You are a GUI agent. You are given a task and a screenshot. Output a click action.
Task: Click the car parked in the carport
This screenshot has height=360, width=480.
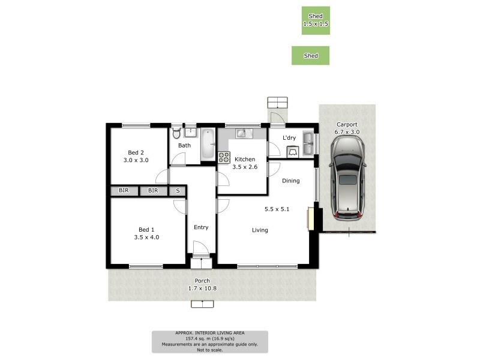click(x=348, y=177)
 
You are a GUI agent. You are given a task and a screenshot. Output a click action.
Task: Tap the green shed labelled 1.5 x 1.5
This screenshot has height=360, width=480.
click(x=316, y=20)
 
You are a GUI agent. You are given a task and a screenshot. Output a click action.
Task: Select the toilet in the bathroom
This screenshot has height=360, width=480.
click(x=176, y=132)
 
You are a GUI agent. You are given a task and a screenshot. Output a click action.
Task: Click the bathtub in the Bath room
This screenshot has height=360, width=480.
click(x=206, y=144)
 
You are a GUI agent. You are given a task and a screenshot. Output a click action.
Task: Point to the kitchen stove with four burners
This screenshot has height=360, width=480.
click(x=224, y=157)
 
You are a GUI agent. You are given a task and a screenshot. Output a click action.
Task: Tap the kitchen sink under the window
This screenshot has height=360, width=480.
click(x=242, y=133)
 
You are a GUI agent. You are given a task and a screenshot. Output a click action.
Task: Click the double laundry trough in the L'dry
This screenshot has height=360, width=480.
click(x=309, y=142)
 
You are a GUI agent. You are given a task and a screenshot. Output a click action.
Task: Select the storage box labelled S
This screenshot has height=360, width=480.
click(x=177, y=191)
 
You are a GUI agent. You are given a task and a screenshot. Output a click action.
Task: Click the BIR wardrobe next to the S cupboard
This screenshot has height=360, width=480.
click(x=153, y=191)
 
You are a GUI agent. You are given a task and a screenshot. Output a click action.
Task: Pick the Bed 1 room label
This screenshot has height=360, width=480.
click(x=146, y=229)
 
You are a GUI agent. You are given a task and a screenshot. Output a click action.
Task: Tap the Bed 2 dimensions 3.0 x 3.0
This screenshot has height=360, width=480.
click(x=136, y=160)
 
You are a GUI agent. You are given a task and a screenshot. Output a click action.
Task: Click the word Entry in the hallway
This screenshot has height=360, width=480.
click(x=201, y=227)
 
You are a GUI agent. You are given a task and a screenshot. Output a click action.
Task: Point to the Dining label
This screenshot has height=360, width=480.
click(x=291, y=181)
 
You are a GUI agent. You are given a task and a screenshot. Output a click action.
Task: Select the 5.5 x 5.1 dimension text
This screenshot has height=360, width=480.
click(x=276, y=209)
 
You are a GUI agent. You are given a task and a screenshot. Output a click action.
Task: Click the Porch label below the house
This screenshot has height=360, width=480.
click(x=202, y=281)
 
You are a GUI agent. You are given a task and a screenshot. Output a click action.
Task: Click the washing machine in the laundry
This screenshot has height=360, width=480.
click(x=293, y=152)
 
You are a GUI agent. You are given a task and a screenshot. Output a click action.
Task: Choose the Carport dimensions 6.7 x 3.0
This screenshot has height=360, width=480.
click(x=347, y=132)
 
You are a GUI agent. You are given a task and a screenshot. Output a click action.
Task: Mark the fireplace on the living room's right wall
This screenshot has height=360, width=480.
click(x=310, y=218)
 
